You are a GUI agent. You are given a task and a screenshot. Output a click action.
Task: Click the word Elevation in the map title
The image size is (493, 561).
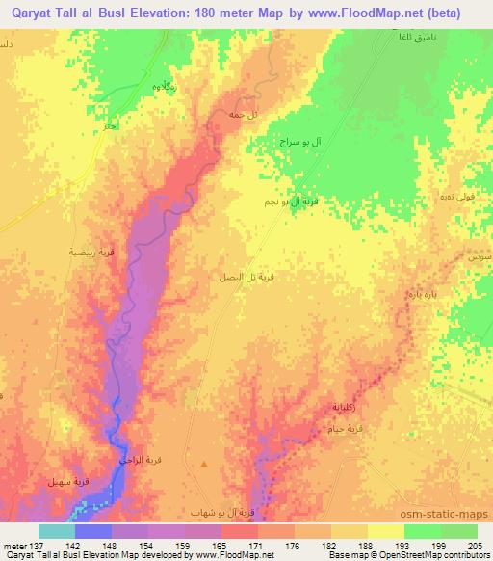155,13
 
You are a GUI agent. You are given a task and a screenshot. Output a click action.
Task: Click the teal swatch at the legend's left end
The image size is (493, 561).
57,531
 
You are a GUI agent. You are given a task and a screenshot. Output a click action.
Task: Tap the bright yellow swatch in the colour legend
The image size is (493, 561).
386,531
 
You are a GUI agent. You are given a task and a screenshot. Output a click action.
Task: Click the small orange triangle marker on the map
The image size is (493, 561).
203,466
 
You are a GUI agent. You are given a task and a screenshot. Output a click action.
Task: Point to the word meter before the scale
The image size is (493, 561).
13,545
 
